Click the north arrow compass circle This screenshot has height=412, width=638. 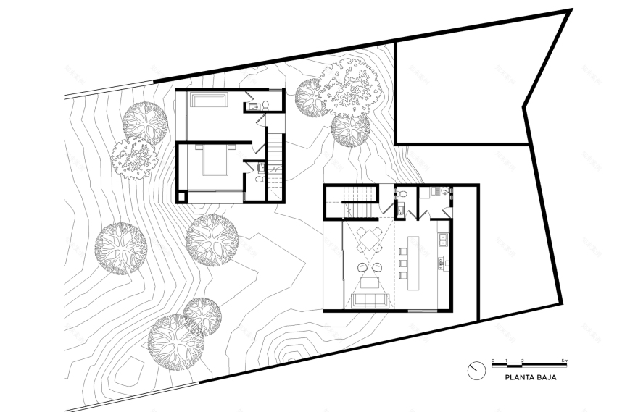point(476,369)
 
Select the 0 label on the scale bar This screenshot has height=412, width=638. point(492,360)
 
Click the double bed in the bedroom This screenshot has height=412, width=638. point(215,159)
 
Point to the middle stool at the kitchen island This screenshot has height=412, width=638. point(400,263)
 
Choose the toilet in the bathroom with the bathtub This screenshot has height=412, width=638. point(265,104)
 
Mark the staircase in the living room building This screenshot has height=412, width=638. point(360,201)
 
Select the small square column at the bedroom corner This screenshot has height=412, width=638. point(181,195)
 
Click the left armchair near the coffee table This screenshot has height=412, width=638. point(362,266)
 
